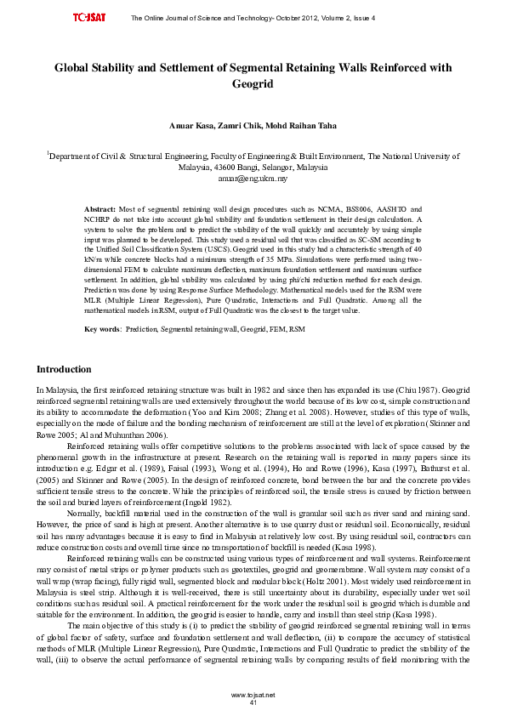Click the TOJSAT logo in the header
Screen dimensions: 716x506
pos(88,18)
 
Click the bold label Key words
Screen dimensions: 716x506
pos(102,304)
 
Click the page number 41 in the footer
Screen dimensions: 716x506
pos(253,702)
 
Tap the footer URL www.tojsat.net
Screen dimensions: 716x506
pos(253,695)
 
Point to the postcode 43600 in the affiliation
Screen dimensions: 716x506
pos(216,168)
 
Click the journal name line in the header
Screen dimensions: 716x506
pos(253,18)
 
